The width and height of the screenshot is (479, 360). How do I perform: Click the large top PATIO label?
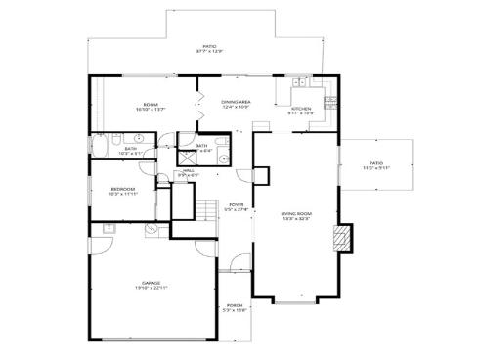[209, 46]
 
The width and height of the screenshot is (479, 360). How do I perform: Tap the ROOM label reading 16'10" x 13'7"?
[151, 104]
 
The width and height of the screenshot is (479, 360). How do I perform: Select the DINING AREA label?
[236, 101]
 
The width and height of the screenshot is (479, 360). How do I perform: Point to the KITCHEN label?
[301, 108]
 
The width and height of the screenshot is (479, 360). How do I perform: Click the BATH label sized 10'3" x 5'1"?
[130, 150]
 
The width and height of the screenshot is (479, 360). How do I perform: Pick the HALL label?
[189, 170]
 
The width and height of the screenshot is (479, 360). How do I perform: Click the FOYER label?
[235, 205]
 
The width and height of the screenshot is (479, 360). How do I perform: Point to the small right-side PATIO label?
[376, 163]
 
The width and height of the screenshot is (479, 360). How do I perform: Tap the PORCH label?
[235, 305]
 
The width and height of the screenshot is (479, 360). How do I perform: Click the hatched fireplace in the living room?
[341, 237]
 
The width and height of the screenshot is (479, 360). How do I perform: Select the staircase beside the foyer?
[205, 209]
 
